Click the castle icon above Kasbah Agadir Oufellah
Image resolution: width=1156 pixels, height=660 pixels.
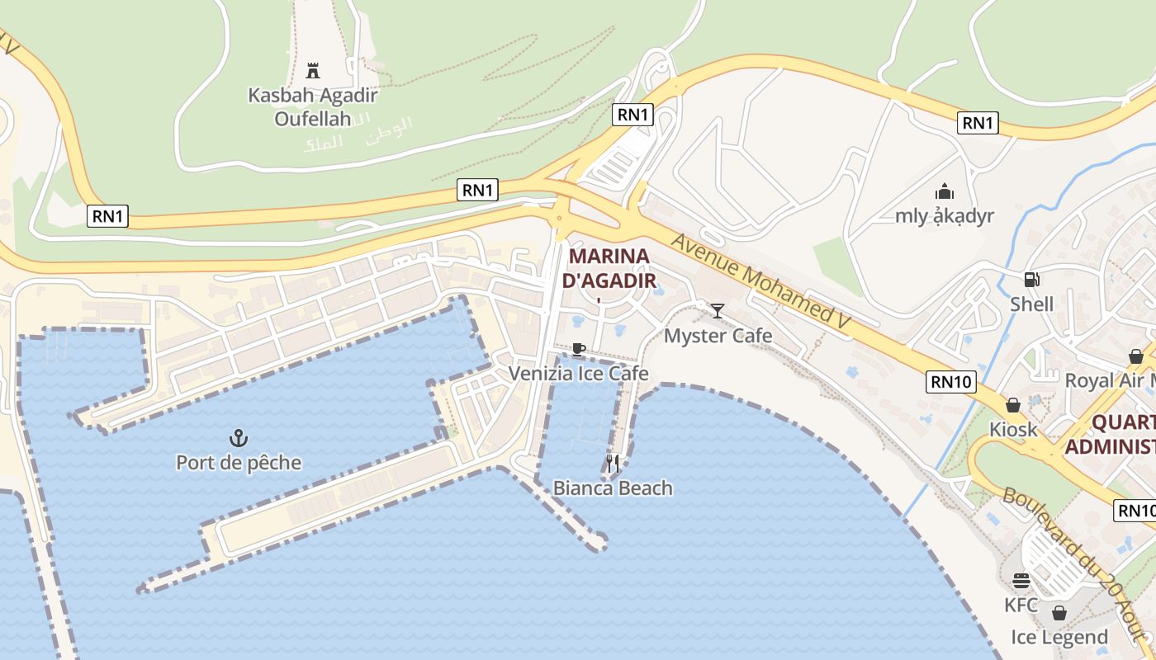[312, 70]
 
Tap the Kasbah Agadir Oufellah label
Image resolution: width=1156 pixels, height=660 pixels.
[313, 106]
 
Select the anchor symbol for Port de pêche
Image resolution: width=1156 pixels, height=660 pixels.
[239, 438]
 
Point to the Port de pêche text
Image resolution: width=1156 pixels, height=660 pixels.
[239, 463]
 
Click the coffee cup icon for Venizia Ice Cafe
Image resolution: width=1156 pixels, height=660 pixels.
[578, 350]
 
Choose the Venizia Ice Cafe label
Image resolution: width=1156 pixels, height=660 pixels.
[578, 374]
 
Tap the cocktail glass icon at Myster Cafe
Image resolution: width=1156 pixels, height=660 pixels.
[718, 311]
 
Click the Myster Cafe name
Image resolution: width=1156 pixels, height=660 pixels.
[718, 336]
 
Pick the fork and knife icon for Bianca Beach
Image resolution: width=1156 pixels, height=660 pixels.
[612, 464]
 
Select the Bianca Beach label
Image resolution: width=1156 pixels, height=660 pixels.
[613, 488]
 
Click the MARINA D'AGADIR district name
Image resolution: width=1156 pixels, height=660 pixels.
[609, 268]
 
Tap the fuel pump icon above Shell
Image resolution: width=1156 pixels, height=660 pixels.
[1031, 280]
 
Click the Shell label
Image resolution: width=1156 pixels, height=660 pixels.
[1032, 304]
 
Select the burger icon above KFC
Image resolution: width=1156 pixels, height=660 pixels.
[1021, 581]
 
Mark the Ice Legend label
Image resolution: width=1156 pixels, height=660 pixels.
[1059, 637]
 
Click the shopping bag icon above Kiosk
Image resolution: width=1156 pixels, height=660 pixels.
[1013, 405]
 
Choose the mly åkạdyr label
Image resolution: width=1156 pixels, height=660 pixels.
[945, 216]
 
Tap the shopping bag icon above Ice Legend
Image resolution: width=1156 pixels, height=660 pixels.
[1059, 613]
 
